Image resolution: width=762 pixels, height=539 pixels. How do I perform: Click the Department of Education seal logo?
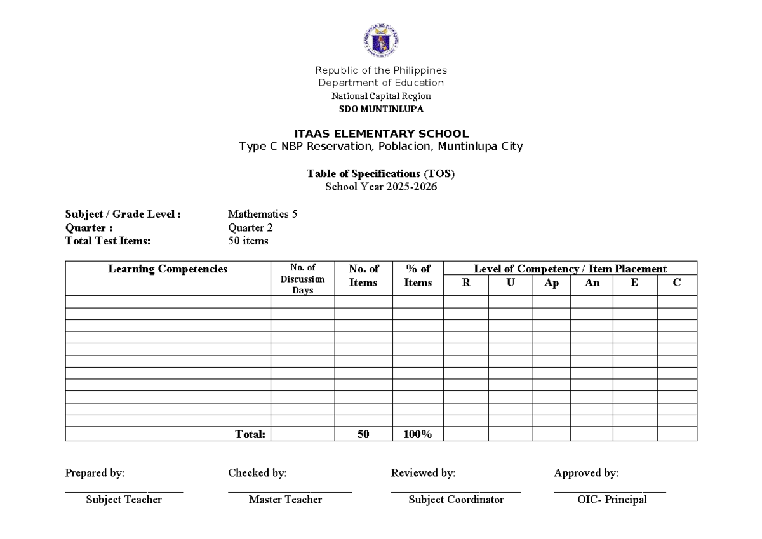point(381,42)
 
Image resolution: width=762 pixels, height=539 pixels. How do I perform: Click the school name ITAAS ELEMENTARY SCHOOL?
point(381,134)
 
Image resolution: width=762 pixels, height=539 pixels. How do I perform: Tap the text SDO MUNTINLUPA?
point(381,109)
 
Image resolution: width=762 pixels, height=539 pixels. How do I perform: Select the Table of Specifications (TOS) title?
point(381,173)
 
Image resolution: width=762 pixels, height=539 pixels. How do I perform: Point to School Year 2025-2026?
point(381,187)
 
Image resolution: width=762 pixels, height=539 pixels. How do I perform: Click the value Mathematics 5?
point(262,215)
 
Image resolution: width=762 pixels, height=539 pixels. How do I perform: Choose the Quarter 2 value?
point(250,228)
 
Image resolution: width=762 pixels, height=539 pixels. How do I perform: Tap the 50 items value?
point(248,241)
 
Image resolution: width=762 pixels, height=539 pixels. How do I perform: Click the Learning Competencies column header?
point(168,269)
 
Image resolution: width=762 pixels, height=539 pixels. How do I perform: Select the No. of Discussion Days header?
point(302,279)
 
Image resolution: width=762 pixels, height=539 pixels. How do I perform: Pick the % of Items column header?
point(417,276)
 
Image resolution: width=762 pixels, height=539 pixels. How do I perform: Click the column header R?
point(466,283)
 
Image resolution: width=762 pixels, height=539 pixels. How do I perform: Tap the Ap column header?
point(551,283)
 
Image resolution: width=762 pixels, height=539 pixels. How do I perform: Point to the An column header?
point(592,283)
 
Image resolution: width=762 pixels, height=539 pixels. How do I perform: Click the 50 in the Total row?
point(363,434)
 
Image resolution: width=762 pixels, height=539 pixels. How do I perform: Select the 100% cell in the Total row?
point(417,434)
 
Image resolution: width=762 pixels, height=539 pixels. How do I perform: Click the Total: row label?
point(250,434)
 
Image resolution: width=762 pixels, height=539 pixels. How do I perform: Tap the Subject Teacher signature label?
point(124,500)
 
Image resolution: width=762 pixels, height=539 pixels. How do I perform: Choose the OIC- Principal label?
point(612,500)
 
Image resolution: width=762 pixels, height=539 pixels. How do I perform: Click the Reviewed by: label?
point(423,473)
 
